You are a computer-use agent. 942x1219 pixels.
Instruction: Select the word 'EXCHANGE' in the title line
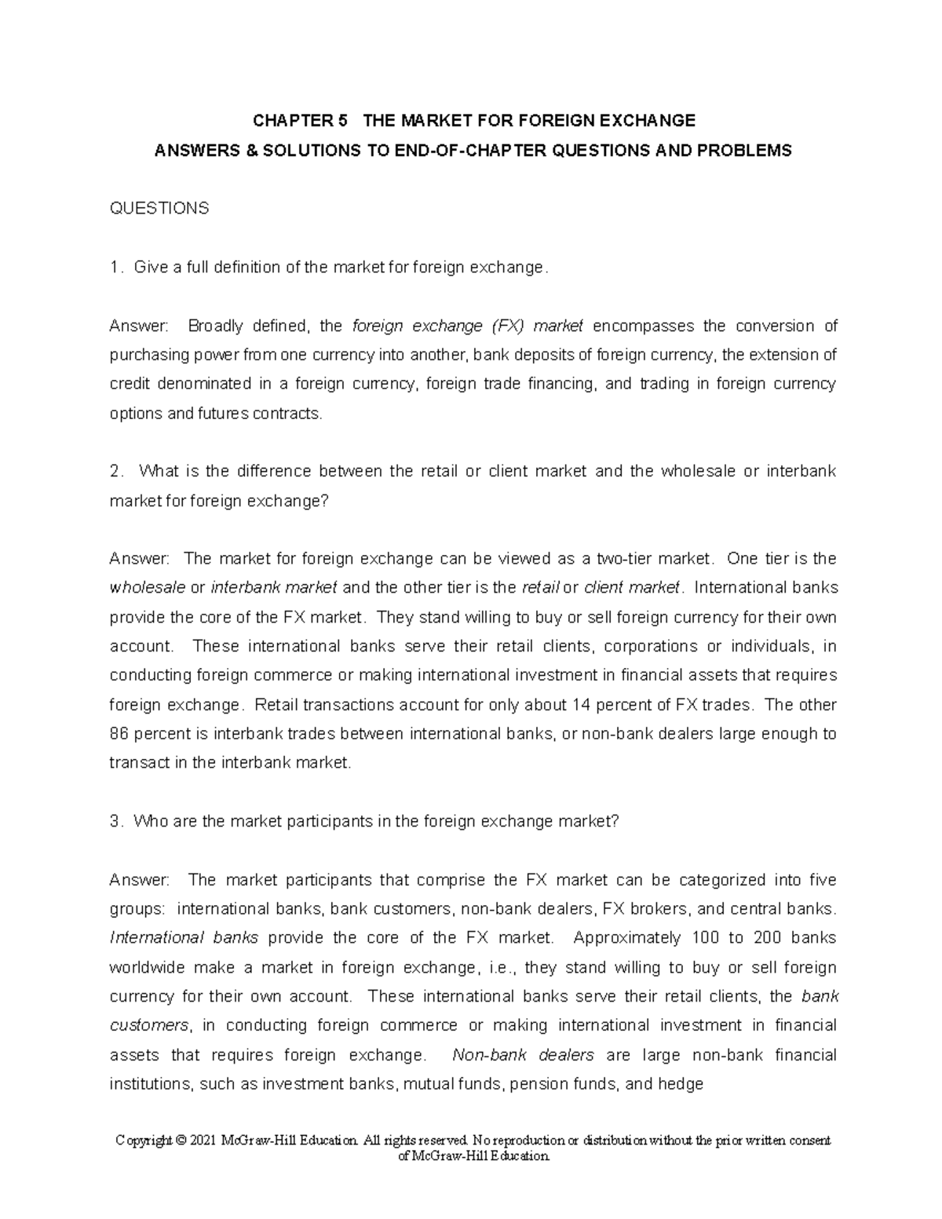pyautogui.click(x=657, y=121)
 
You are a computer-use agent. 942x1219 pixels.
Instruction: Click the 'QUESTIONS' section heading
pyautogui.click(x=159, y=209)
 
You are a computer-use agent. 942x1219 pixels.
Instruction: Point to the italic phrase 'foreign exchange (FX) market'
pyautogui.click(x=468, y=326)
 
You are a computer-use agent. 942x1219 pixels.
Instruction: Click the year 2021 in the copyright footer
pyautogui.click(x=205, y=1141)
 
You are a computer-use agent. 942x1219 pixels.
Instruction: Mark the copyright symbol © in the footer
pyautogui.click(x=180, y=1141)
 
